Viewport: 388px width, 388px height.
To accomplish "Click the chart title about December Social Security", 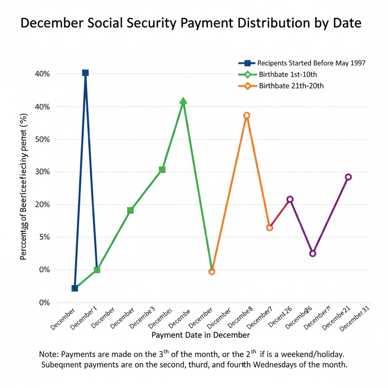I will point(191,23).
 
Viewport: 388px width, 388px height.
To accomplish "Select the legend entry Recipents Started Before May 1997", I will point(311,63).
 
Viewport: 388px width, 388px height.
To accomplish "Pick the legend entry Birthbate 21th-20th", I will point(291,86).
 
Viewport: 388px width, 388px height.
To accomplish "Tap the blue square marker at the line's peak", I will point(85,73).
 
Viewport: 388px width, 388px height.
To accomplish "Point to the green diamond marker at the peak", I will point(183,102).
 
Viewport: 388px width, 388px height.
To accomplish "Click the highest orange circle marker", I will point(247,115).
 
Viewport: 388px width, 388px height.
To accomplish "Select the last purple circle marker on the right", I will point(348,177).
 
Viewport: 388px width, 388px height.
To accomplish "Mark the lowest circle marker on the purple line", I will point(313,253).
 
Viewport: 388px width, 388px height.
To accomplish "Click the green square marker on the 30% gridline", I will point(162,169).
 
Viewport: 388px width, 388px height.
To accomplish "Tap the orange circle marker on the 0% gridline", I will point(212,272).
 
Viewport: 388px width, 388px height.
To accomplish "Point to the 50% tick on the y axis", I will point(42,139).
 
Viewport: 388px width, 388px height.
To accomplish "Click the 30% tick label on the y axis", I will point(42,172).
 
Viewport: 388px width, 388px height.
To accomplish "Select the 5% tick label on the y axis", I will point(44,237).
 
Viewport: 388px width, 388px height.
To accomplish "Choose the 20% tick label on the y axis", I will point(42,205).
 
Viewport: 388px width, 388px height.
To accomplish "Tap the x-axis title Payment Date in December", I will point(200,335).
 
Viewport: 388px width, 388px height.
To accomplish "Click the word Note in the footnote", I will point(48,355).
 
